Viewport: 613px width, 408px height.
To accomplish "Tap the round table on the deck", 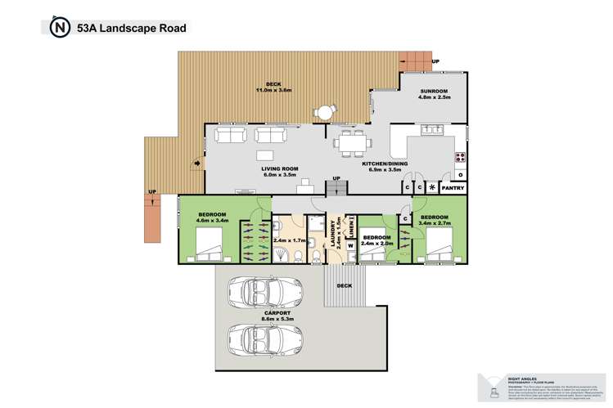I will coord(327,112).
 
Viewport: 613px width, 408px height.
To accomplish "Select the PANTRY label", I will coord(453,188).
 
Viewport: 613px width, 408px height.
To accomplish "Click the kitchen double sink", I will coord(431,129).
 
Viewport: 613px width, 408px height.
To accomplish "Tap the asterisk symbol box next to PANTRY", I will coord(432,188).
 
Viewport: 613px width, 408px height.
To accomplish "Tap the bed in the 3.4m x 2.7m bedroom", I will coord(439,243).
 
